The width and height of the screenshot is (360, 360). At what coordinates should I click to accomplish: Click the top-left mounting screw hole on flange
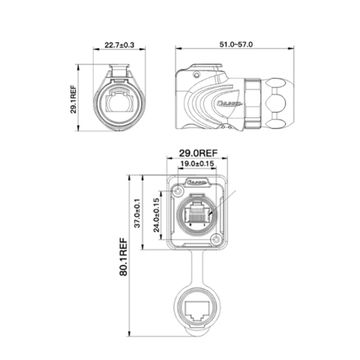point(177,187)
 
